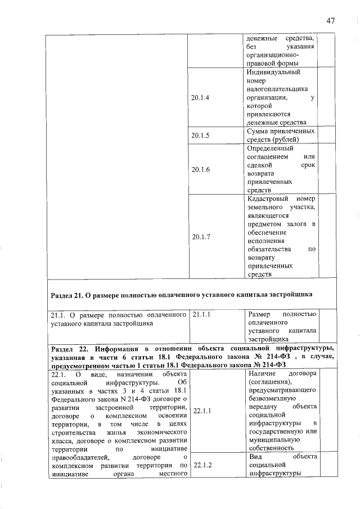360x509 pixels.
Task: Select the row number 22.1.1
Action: point(201,411)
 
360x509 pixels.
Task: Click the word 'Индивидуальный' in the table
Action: point(273,73)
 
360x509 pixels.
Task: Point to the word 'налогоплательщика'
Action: point(279,89)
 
